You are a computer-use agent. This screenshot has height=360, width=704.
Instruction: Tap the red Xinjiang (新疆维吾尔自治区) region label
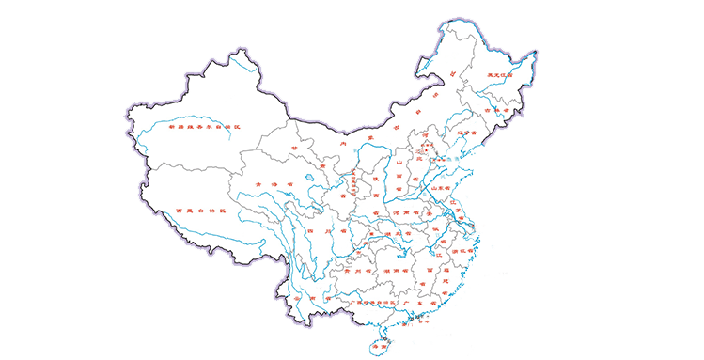[x=205, y=127]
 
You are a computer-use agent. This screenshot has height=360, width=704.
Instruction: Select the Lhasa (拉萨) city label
[x=239, y=236]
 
